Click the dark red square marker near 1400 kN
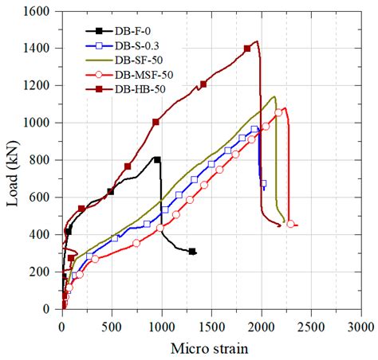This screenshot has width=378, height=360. click(247, 49)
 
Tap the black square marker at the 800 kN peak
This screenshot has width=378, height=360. click(157, 160)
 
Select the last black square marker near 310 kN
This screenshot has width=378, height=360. click(192, 251)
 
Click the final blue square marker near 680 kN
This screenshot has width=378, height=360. click(263, 183)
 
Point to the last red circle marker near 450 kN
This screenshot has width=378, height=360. click(290, 224)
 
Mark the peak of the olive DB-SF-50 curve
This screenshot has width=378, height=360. click(274, 97)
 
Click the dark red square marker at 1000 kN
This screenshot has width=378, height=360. click(156, 122)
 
